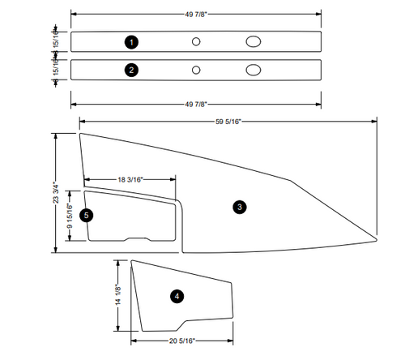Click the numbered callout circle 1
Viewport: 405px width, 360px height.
[132, 41]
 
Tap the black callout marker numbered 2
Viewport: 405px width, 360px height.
[131, 70]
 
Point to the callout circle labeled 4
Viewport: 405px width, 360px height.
[177, 297]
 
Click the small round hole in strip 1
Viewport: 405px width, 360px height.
[196, 41]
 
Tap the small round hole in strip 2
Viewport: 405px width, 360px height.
[196, 70]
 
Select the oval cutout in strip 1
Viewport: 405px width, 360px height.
[254, 41]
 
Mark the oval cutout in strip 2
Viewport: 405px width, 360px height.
[254, 70]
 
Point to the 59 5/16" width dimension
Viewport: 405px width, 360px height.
[228, 122]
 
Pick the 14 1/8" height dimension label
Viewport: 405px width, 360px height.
[118, 296]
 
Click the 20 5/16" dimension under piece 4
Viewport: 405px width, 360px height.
[186, 341]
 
